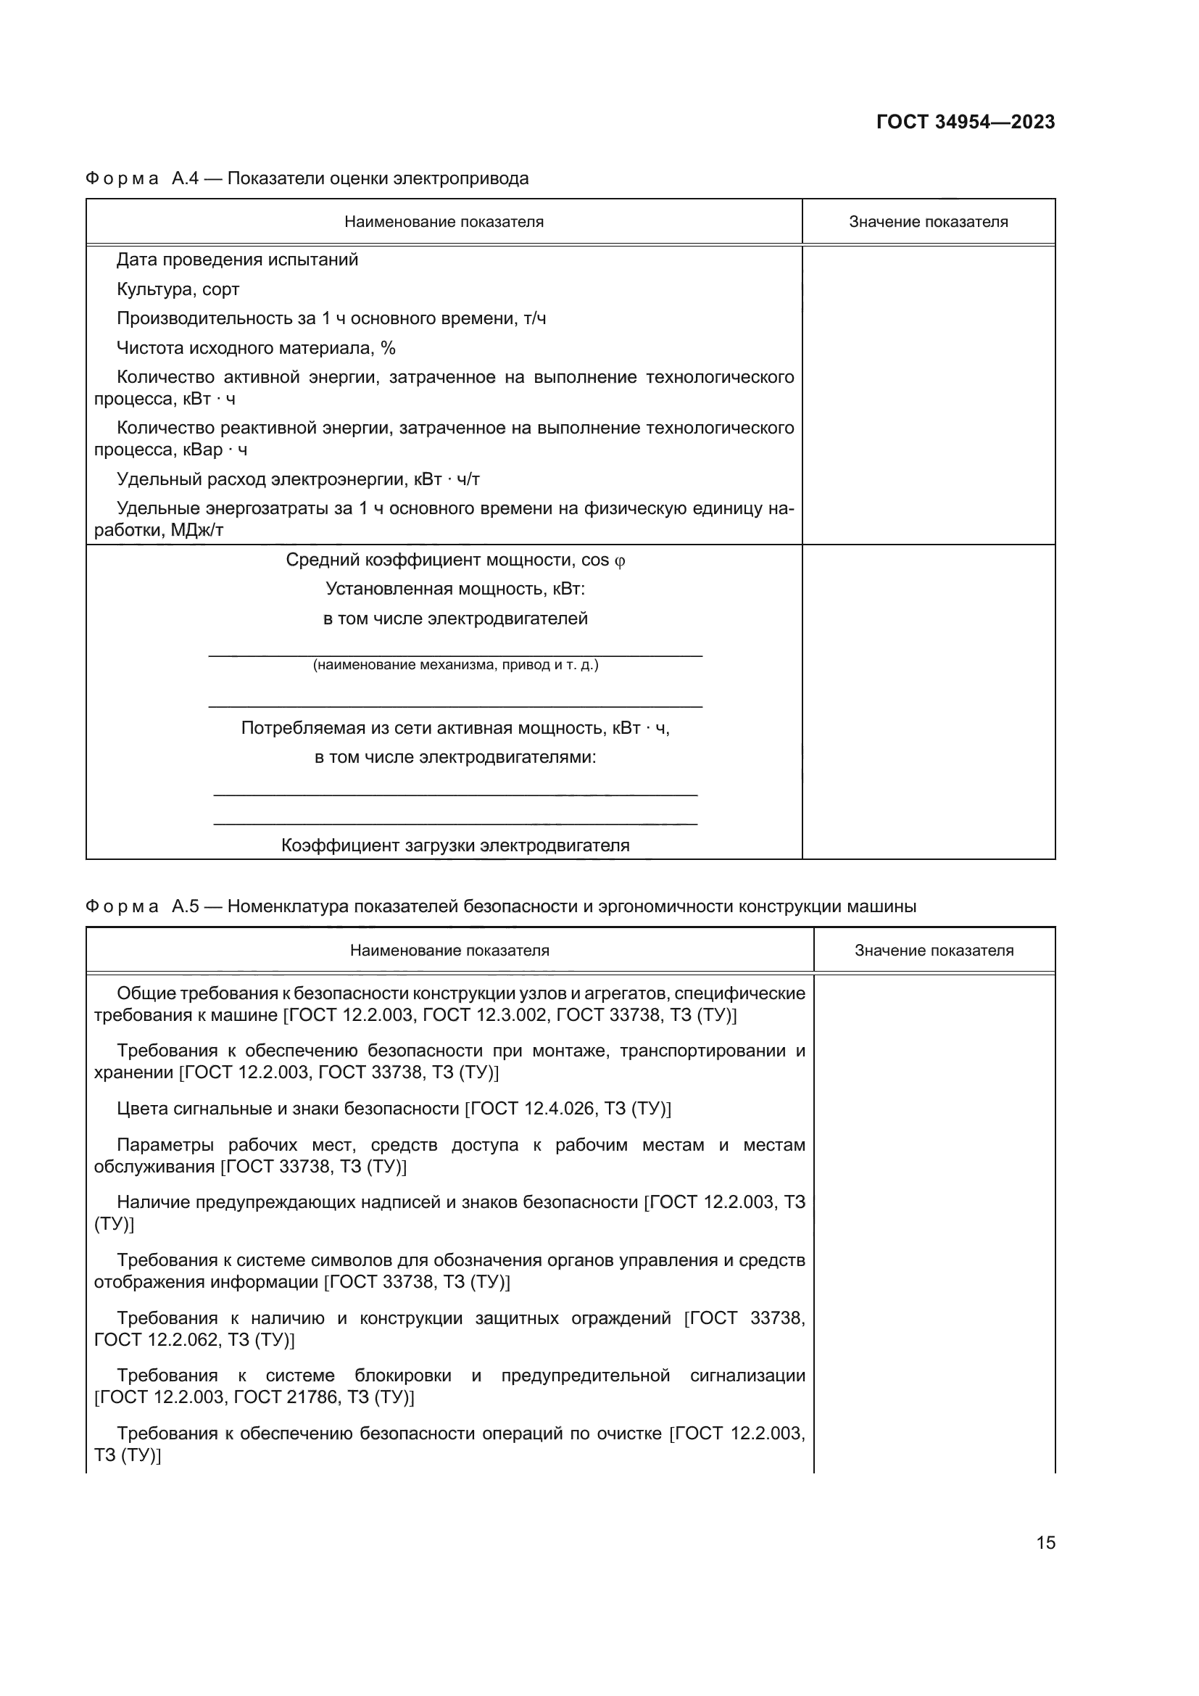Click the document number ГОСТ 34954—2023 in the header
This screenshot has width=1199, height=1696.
tap(965, 122)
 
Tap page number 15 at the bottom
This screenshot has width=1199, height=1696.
tap(1045, 1542)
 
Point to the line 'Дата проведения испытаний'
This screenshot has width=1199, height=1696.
tap(237, 260)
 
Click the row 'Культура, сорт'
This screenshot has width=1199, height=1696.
tap(178, 289)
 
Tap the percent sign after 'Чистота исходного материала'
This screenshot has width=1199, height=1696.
tap(389, 348)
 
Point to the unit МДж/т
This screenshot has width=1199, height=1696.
tap(197, 530)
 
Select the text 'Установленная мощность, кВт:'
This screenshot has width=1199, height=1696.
tap(455, 589)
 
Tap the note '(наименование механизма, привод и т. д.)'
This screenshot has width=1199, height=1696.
tap(455, 665)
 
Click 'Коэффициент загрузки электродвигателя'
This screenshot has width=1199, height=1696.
tap(455, 845)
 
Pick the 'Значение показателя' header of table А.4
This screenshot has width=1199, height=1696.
tap(928, 222)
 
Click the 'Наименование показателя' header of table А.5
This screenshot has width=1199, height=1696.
tap(449, 950)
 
